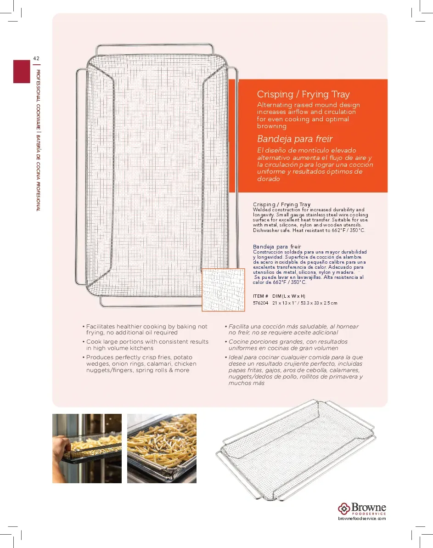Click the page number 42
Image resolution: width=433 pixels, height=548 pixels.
(x=36, y=58)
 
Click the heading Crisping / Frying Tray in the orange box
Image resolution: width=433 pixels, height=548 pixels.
(x=303, y=95)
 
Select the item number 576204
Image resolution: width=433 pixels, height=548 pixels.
(x=260, y=303)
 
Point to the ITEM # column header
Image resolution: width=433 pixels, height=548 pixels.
(x=260, y=296)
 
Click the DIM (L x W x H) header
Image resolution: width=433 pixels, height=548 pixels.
(x=288, y=296)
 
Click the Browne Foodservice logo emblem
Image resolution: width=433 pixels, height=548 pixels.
(x=344, y=508)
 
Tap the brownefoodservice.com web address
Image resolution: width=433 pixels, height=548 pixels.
(x=362, y=518)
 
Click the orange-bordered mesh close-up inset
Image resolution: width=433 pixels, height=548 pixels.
(x=223, y=290)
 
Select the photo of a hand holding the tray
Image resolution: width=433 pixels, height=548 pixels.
(x=87, y=448)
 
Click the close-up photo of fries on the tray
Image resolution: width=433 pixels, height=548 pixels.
(x=162, y=448)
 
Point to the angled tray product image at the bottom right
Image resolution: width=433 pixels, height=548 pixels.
(x=296, y=450)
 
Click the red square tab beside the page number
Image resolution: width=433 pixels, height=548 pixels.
(x=22, y=71)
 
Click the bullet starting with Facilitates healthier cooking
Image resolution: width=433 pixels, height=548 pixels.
(x=146, y=329)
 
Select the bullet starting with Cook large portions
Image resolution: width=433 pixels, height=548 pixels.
(x=147, y=345)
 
